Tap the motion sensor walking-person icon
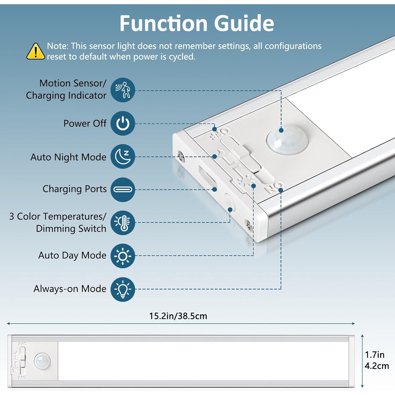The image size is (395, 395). [123, 90]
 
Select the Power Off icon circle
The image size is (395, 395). [123, 124]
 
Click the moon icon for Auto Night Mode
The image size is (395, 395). [123, 157]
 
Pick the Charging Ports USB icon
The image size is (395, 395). [123, 190]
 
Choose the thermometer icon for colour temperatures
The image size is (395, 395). [123, 223]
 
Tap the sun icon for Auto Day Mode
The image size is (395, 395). [123, 256]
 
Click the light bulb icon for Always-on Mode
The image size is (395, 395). [123, 289]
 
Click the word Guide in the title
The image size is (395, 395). [244, 24]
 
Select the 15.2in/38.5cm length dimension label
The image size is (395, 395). [178, 316]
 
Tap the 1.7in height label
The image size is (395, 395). [374, 355]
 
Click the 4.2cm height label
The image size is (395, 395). [377, 366]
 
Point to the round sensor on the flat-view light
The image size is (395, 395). [42, 361]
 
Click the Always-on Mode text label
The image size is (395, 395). [70, 289]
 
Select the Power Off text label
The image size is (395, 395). [85, 124]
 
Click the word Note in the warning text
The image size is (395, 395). [57, 46]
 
